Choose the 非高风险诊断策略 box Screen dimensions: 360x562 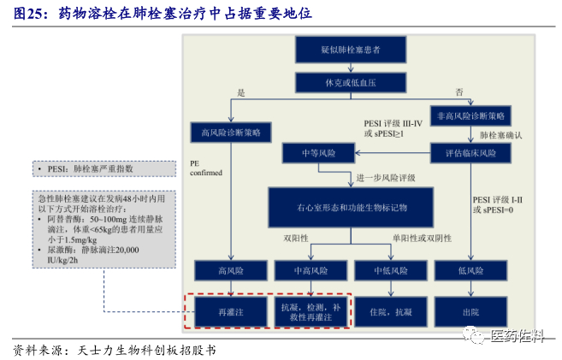tap(470, 115)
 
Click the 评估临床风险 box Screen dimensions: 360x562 tap(470, 153)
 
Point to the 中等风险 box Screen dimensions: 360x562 tap(318, 153)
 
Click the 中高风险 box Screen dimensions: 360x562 tap(312, 271)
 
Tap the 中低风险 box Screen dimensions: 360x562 tap(393, 271)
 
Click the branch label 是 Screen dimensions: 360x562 tap(241, 92)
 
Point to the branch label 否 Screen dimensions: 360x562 tap(458, 92)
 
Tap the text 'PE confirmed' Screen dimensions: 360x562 tap(205, 167)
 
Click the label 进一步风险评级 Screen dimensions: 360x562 tap(386, 178)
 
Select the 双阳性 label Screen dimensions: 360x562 tap(295, 238)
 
